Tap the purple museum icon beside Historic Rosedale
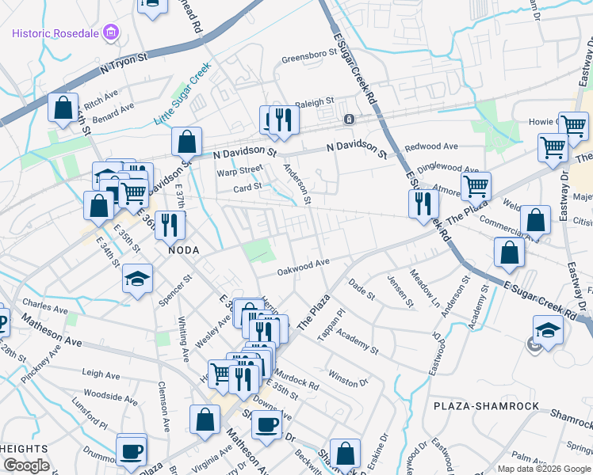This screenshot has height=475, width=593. pyautogui.click(x=112, y=34)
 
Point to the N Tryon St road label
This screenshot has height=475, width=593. pyautogui.click(x=124, y=63)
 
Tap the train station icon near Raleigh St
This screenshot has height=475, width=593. pyautogui.click(x=348, y=120)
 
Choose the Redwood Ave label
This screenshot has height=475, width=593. pyautogui.click(x=431, y=147)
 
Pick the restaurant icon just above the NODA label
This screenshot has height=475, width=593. pyautogui.click(x=170, y=225)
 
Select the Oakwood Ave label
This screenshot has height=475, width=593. pyautogui.click(x=303, y=268)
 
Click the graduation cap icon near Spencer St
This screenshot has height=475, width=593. pyautogui.click(x=137, y=279)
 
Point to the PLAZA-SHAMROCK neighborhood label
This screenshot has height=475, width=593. pyautogui.click(x=487, y=406)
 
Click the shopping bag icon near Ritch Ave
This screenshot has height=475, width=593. pyautogui.click(x=63, y=107)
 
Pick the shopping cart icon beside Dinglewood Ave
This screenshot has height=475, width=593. pyautogui.click(x=476, y=186)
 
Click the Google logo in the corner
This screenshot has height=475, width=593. pyautogui.click(x=26, y=465)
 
